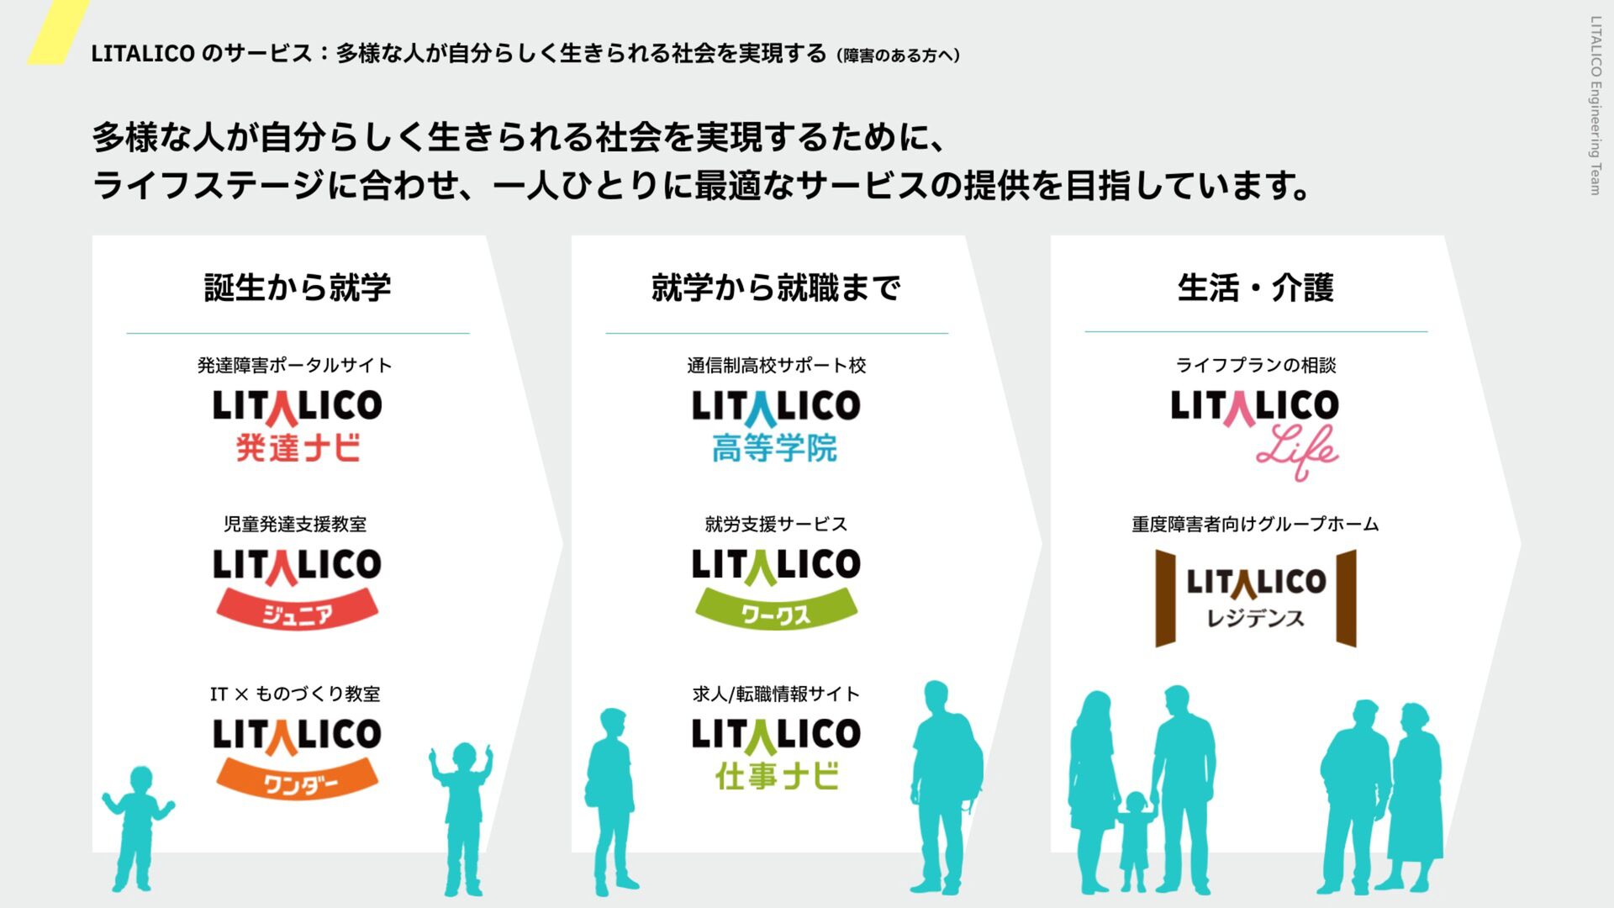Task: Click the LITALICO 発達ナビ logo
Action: click(297, 425)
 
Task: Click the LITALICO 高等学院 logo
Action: click(775, 425)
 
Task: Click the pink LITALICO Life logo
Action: click(1254, 433)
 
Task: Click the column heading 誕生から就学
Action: click(298, 288)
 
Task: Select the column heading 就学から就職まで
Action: click(776, 288)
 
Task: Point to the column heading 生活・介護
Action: click(1255, 288)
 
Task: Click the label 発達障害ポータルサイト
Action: click(295, 365)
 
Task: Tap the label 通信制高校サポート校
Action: click(776, 365)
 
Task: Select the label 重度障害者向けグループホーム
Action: click(1255, 525)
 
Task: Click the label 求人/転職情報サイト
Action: click(776, 694)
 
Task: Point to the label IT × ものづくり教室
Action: click(295, 694)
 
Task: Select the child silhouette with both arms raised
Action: click(462, 816)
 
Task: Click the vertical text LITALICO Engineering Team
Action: click(1595, 105)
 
